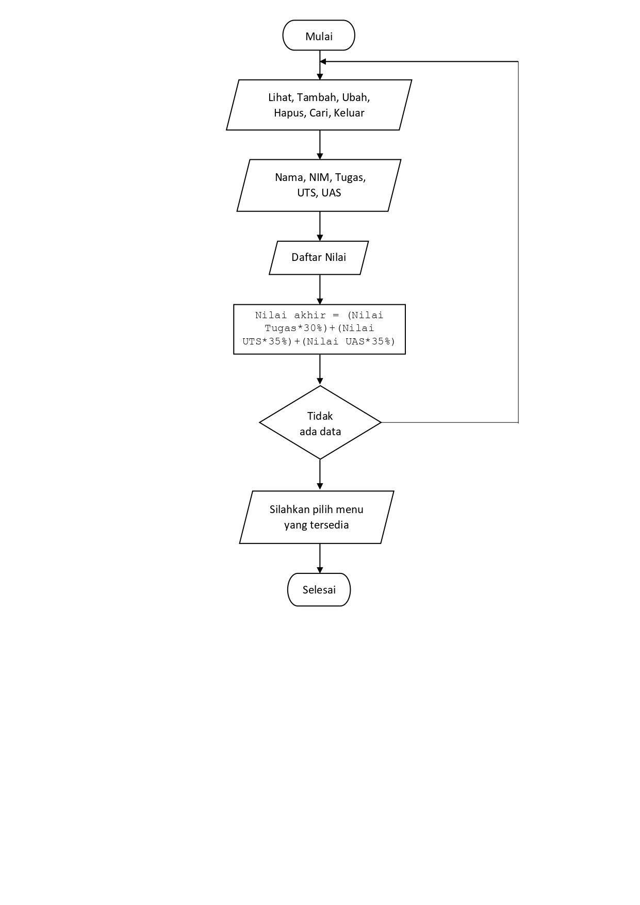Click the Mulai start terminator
[x=319, y=36]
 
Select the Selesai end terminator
[x=319, y=589]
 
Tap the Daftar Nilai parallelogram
[x=319, y=257]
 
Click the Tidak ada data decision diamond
[x=320, y=423]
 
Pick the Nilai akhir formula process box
[x=319, y=329]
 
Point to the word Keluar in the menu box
[x=349, y=113]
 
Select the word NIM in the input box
[x=319, y=177]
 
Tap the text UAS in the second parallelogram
[x=331, y=193]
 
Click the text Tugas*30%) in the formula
[x=296, y=328]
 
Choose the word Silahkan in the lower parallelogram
[x=290, y=509]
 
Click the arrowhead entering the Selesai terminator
[x=320, y=570]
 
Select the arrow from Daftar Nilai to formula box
[x=320, y=289]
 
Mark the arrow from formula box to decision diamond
[x=320, y=370]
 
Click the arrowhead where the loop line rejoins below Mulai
[x=323, y=61]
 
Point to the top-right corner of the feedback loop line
[x=518, y=61]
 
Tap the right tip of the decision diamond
[x=380, y=422]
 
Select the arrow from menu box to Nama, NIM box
[x=320, y=145]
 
